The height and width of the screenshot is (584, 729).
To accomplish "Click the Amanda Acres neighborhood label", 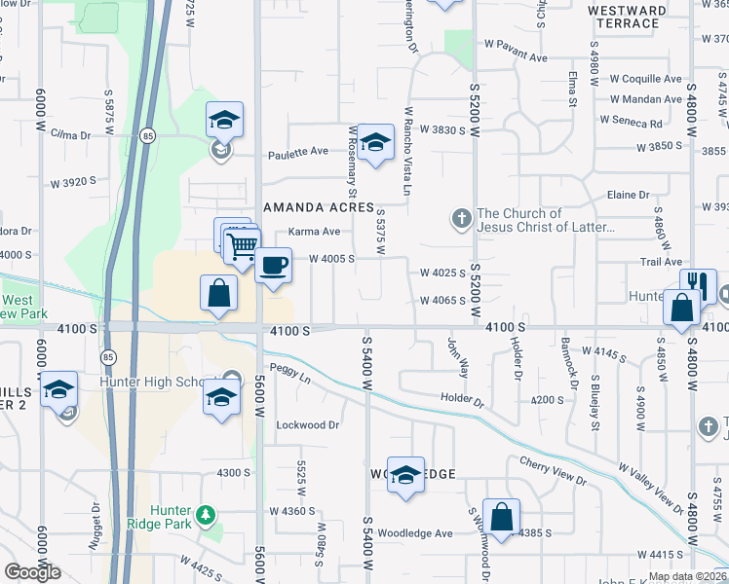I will [319, 208].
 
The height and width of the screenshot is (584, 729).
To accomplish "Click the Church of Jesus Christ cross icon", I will [462, 218].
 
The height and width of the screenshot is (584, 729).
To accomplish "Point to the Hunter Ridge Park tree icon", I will [204, 513].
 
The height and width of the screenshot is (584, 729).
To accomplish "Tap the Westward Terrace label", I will [628, 18].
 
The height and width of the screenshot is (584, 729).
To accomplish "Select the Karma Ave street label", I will [314, 232].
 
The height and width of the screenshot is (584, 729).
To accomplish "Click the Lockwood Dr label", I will [307, 425].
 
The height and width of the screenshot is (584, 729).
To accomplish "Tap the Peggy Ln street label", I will [292, 376].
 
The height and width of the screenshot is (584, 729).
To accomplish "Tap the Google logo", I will [32, 572].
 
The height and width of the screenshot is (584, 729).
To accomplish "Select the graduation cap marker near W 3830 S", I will [374, 143].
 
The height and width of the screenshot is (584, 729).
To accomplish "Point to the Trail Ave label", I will [661, 262].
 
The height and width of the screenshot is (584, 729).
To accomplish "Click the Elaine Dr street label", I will [628, 196].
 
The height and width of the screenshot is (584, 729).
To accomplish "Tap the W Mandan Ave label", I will [646, 99].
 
